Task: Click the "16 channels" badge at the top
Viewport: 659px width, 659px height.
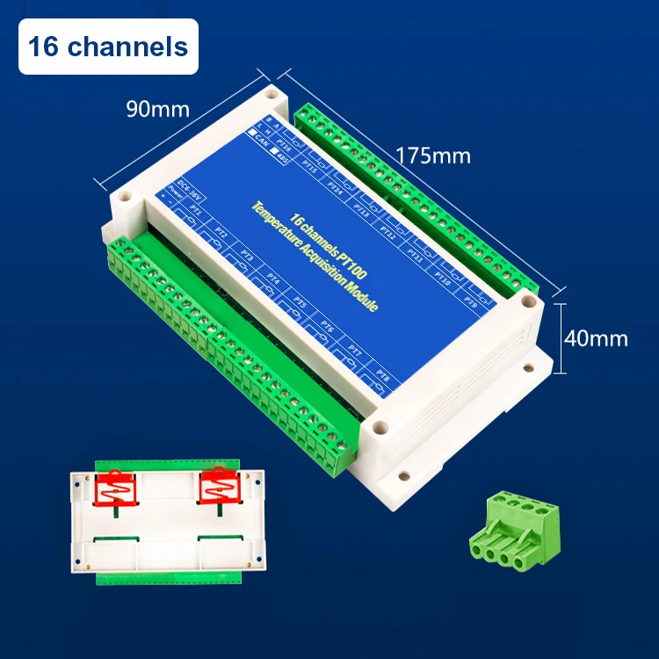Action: [108, 46]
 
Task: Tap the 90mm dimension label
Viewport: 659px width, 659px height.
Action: [158, 110]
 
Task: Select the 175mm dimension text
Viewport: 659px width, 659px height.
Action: [432, 156]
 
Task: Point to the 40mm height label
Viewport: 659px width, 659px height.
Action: [597, 338]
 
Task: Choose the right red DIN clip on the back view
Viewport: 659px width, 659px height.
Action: [221, 486]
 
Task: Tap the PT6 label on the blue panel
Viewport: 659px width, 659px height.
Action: [327, 327]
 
